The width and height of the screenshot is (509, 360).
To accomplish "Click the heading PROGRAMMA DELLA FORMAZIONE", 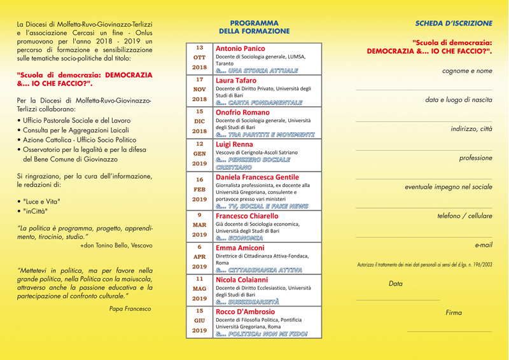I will coord(254,26).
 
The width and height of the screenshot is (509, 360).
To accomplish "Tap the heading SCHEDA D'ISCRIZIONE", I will coord(454,23).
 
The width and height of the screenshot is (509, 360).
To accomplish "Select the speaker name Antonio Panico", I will coord(241,48).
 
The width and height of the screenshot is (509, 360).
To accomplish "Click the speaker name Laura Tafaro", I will coord(236,81).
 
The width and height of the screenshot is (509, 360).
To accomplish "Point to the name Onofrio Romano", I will coord(243,112).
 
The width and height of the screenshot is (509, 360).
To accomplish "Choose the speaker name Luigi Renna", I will coord(234,144).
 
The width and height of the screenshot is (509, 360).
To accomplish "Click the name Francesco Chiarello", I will coord(247,216).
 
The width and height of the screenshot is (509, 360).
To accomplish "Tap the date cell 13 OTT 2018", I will coord(200,57).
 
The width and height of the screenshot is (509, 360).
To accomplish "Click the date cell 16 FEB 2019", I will coord(200,189).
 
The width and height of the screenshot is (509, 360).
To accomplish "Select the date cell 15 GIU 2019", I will coord(200,321).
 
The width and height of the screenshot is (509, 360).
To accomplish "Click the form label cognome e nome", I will coord(467,71).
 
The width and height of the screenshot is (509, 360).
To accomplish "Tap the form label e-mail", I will coord(484,244).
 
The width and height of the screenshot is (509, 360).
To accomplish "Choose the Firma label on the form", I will coord(454,312).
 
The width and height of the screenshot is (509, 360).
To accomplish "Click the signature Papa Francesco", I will coord(130,308).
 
